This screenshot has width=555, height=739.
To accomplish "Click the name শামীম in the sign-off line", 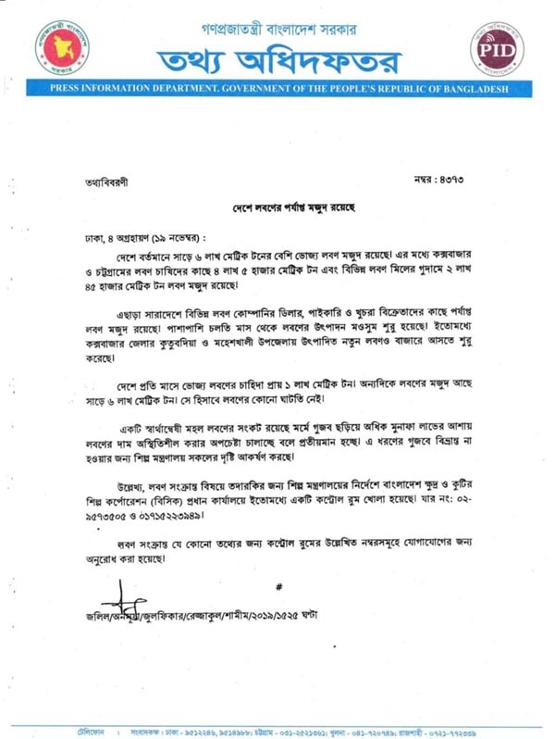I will [243, 615].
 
